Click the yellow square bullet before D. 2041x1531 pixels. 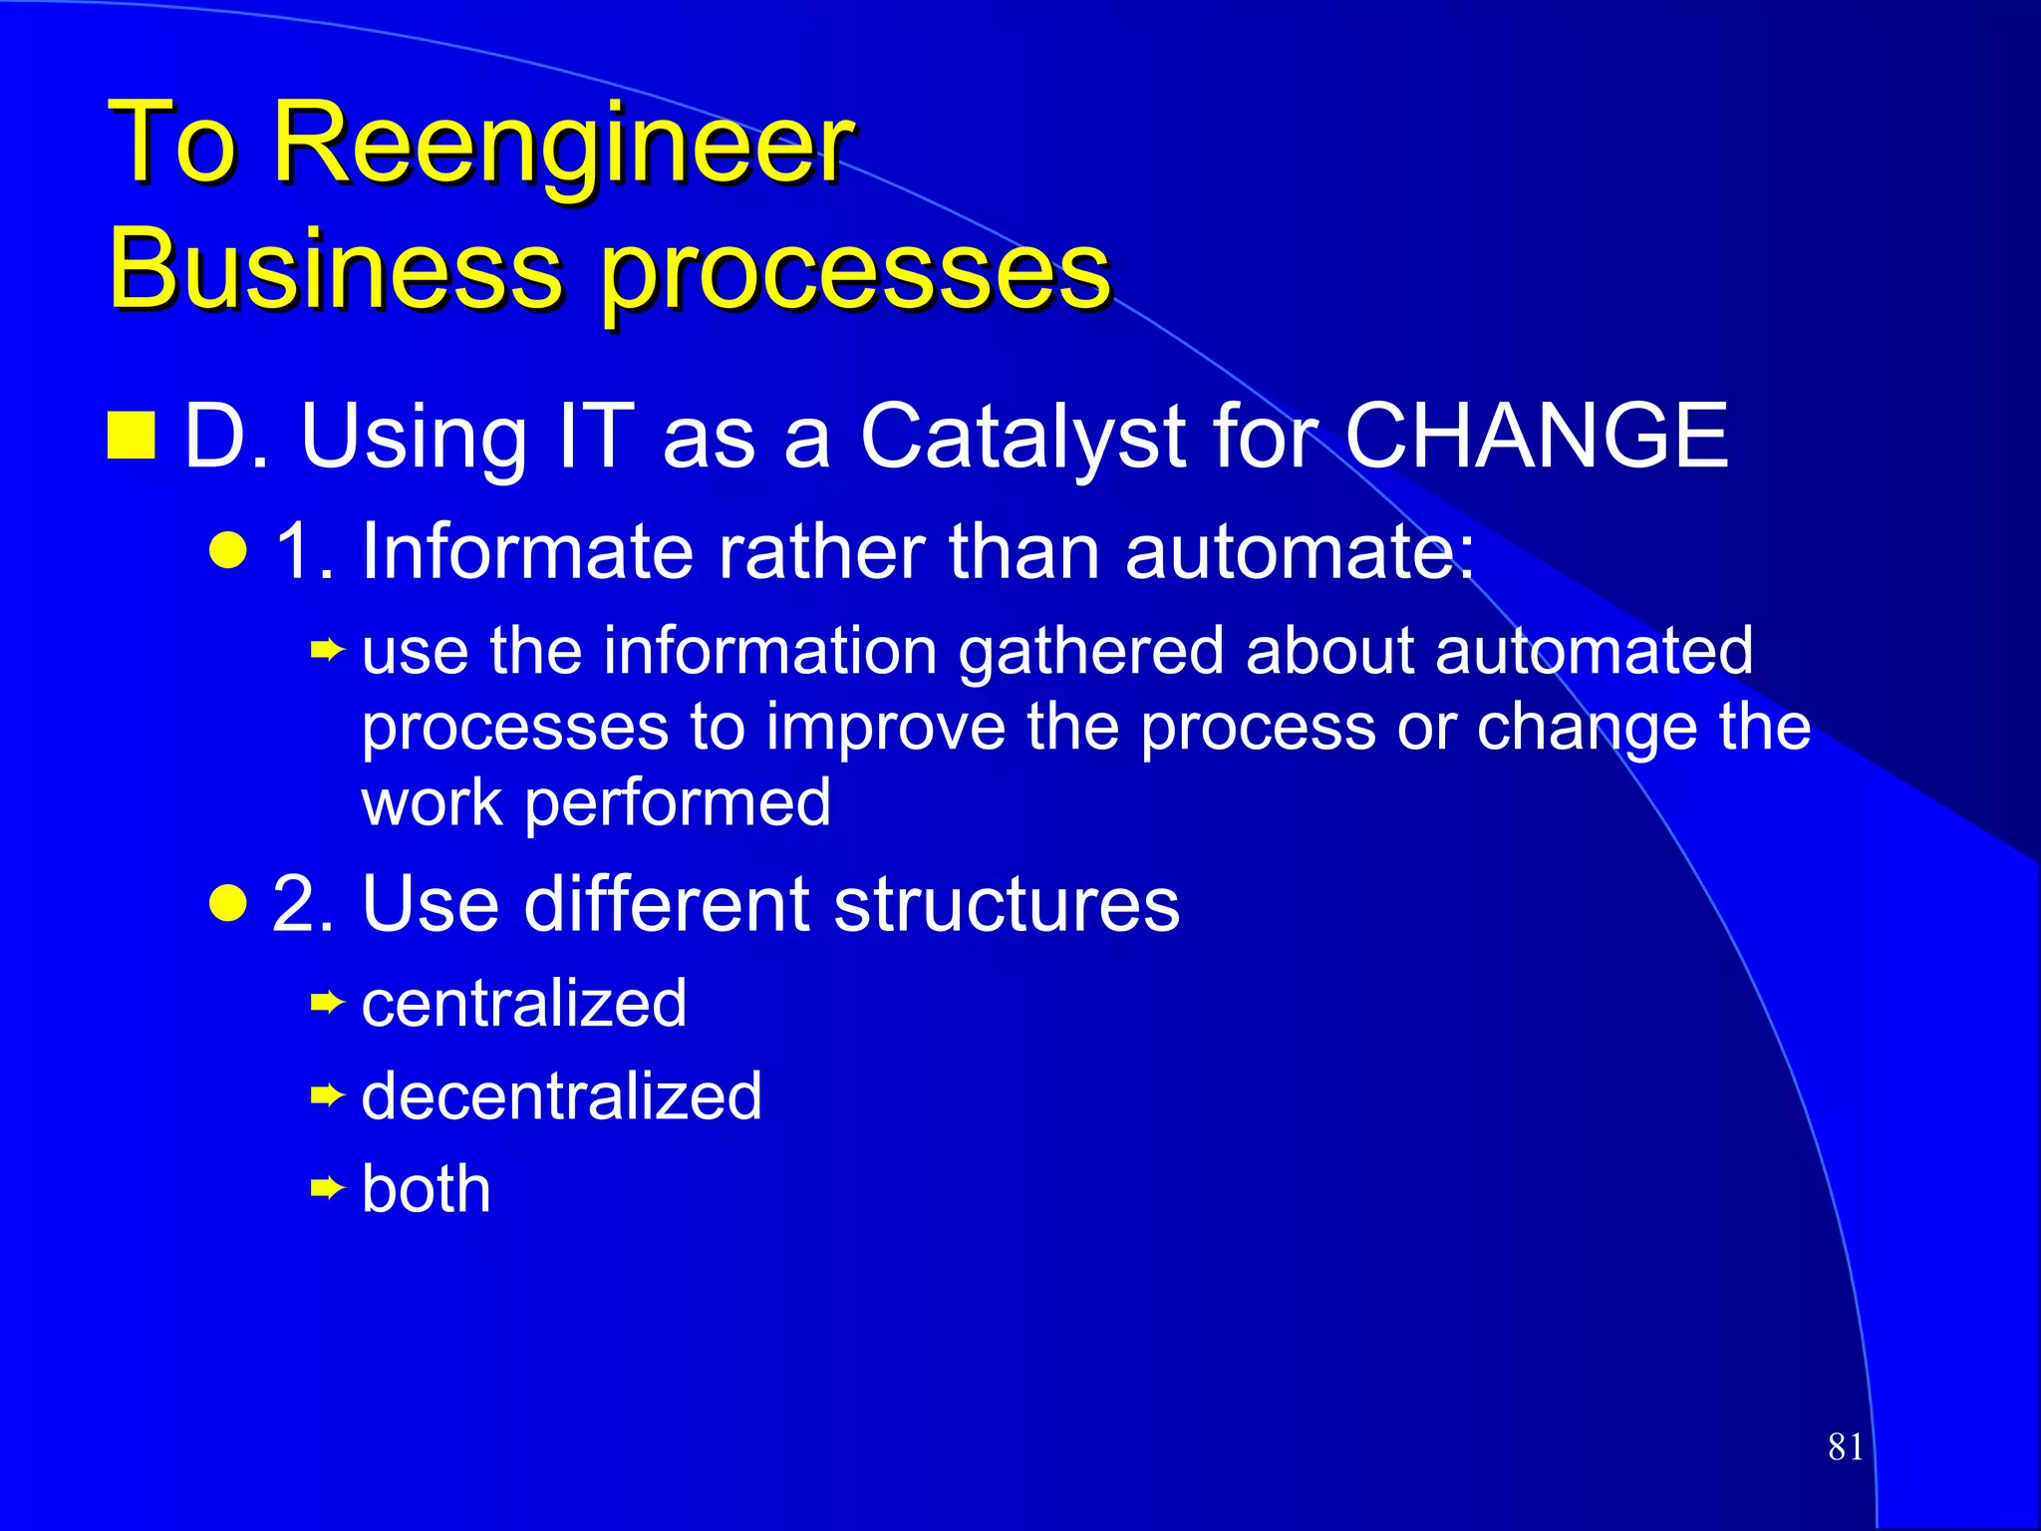[x=132, y=435]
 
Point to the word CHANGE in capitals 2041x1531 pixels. [x=1536, y=436]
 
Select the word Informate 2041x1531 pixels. [x=527, y=551]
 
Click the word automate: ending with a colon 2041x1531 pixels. [x=1300, y=551]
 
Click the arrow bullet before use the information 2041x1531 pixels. [x=326, y=652]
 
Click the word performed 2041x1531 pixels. [x=678, y=803]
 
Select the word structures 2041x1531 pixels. [x=1007, y=904]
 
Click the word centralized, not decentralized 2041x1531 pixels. [x=524, y=1003]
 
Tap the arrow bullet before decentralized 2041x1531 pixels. [x=326, y=1096]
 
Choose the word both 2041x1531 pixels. [x=427, y=1188]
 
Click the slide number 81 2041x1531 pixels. [x=1845, y=1446]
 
